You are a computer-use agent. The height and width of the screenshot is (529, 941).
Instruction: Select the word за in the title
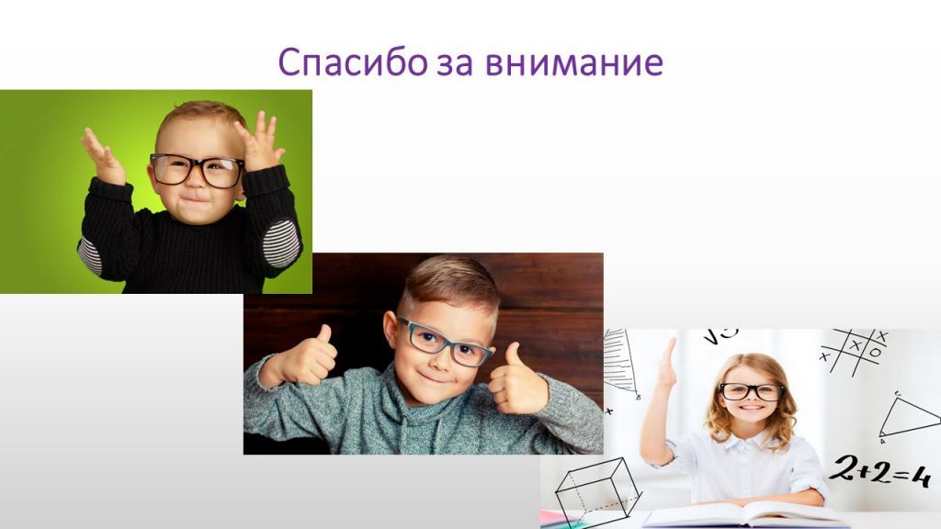point(457,62)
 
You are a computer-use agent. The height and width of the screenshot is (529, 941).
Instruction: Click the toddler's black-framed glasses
point(197,170)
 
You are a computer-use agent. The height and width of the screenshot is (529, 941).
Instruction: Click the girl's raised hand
point(666,361)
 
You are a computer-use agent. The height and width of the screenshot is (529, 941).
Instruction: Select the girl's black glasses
point(752,391)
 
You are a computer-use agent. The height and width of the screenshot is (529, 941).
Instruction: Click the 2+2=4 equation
point(879,473)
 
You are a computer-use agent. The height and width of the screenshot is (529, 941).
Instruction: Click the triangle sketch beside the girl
point(908,418)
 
